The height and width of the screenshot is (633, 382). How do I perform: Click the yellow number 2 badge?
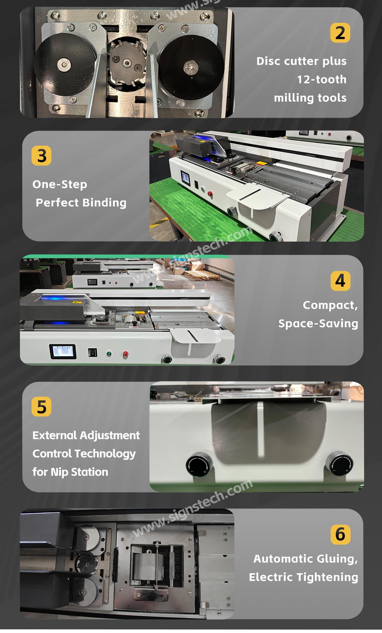tap(340, 33)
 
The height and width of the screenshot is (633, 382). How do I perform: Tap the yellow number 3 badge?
tap(42, 156)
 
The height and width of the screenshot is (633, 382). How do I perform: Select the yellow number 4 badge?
tap(340, 281)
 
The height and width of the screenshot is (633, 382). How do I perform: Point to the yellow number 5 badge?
tap(42, 406)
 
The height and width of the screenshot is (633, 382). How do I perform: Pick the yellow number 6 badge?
tap(340, 534)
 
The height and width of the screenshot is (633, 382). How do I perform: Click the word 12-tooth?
tap(322, 79)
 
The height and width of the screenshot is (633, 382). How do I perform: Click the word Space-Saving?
tap(318, 323)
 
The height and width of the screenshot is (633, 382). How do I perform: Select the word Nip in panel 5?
tap(59, 472)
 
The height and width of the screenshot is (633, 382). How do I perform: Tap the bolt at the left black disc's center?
tap(63, 65)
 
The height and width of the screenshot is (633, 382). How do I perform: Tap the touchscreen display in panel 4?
tap(63, 352)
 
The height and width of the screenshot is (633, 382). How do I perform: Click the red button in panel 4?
tap(126, 354)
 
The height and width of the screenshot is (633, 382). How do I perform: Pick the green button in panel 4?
tap(109, 354)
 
